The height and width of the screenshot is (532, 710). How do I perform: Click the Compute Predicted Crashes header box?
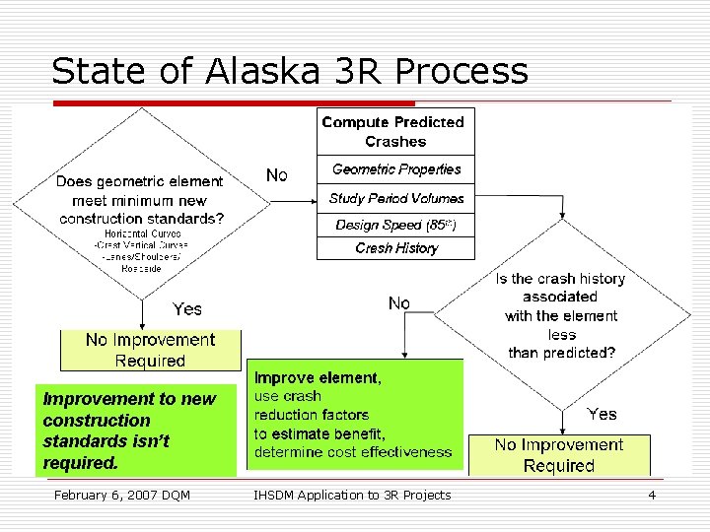[392, 131]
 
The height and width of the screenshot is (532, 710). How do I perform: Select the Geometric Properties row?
[395, 169]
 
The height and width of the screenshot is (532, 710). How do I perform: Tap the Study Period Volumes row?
[395, 198]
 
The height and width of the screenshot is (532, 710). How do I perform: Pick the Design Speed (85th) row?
[395, 225]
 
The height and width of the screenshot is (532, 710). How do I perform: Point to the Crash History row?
[395, 248]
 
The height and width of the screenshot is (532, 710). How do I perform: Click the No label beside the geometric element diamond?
[277, 175]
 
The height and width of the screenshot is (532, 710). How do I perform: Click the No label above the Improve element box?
[399, 303]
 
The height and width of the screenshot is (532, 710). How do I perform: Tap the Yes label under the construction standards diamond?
[187, 309]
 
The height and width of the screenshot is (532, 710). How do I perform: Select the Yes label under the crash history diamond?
[603, 414]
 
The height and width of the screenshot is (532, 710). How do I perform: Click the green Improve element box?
[353, 415]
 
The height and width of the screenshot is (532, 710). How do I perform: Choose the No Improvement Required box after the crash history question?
[559, 455]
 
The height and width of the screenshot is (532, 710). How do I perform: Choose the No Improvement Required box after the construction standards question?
[150, 350]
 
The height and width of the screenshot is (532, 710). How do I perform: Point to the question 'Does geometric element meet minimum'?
[141, 200]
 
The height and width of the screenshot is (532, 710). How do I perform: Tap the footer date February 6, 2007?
[121, 495]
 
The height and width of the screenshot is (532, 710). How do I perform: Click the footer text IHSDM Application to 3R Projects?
[352, 495]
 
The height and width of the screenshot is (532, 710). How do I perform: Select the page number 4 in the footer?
[652, 495]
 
